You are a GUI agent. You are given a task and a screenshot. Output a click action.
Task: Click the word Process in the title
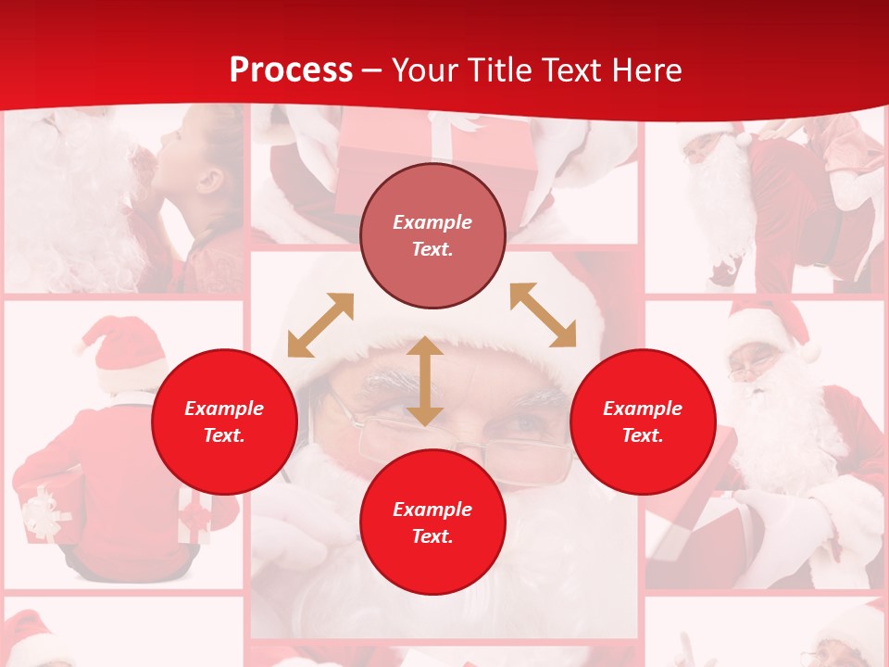291,70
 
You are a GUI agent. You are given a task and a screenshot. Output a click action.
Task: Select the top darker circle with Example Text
432,235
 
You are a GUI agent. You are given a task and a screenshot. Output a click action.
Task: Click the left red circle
224,422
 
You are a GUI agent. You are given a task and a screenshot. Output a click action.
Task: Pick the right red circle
643,422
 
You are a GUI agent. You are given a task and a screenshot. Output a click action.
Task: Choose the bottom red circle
432,522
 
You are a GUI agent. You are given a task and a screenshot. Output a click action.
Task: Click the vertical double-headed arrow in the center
424,381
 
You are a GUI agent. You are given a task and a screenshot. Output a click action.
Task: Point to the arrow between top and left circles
320,325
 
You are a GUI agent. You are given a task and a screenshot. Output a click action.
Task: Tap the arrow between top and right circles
543,315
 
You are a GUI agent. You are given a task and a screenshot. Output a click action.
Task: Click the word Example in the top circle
432,222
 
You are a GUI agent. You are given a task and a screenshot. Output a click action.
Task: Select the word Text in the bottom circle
432,536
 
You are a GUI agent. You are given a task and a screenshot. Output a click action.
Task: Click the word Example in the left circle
224,409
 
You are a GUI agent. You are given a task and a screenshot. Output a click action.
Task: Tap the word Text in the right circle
643,435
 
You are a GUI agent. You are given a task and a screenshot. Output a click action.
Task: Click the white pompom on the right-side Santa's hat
811,353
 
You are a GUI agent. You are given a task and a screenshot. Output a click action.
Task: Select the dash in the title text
372,70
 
